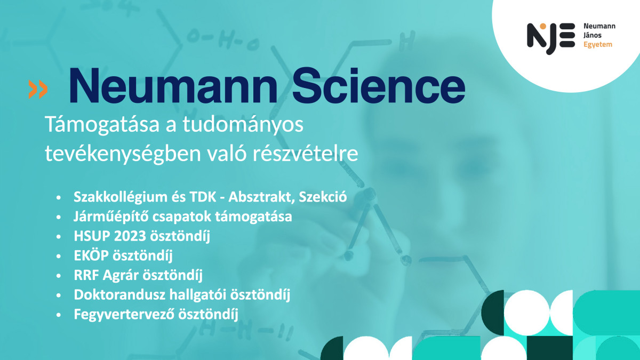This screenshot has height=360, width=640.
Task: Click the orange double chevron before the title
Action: click(x=38, y=90)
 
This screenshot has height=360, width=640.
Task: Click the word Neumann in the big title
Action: click(x=173, y=86)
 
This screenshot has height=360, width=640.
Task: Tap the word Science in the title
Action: click(x=379, y=86)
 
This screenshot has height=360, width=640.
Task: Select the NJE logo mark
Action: click(x=551, y=38)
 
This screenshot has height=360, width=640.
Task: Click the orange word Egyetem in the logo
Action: click(x=598, y=45)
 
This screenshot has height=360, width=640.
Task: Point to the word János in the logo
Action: click(x=593, y=35)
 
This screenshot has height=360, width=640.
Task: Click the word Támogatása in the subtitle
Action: click(x=102, y=125)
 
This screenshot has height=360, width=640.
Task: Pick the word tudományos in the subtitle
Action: click(x=243, y=125)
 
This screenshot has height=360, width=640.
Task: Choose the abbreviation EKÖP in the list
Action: click(x=91, y=255)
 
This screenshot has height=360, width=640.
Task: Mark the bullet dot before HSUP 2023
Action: click(x=59, y=237)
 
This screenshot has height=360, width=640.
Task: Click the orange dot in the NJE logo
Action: click(x=543, y=26)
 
